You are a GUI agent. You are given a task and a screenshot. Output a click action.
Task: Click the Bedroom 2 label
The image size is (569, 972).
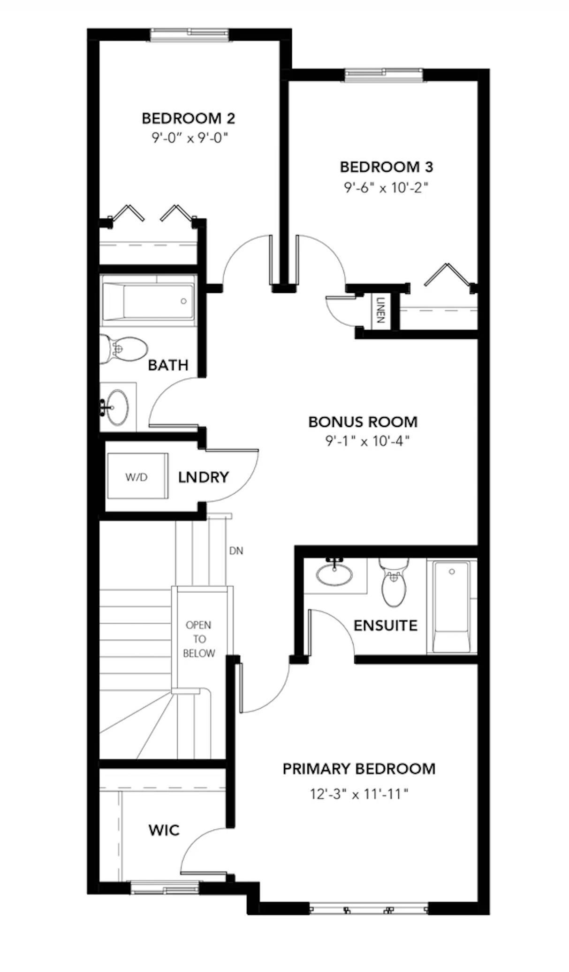tap(188, 118)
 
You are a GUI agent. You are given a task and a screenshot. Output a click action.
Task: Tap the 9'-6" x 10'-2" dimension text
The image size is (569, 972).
tap(386, 188)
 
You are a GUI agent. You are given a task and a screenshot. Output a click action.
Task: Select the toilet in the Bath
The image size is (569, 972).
tap(124, 349)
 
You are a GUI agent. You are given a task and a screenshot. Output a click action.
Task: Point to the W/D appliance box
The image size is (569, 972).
tap(137, 477)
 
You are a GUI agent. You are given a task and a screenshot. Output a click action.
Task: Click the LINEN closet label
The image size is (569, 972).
tap(380, 310)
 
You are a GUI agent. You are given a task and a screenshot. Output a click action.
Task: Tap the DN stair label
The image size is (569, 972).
tap(236, 551)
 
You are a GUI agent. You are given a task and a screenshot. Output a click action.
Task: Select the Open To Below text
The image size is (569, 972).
tap(199, 639)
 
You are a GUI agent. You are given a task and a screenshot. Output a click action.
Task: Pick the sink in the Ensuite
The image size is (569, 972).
tap(334, 573)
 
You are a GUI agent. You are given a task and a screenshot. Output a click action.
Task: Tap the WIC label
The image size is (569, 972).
tap(164, 830)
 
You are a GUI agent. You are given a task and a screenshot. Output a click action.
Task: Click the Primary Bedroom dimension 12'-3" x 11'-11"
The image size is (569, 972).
tap(359, 794)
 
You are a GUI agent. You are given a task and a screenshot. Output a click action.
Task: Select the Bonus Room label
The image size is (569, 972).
tap(363, 421)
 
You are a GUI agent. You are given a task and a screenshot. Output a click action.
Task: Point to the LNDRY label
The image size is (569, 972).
tap(203, 477)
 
